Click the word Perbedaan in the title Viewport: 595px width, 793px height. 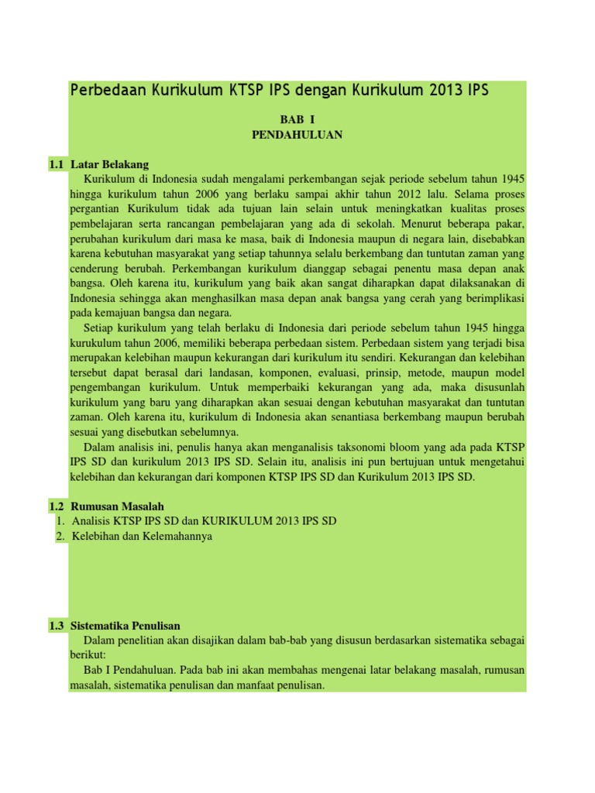click(104, 90)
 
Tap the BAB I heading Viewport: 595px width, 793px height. click(297, 120)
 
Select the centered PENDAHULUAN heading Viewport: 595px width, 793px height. click(297, 134)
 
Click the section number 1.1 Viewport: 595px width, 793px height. click(55, 164)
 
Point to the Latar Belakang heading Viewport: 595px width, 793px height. click(109, 164)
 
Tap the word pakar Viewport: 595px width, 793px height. click(508, 224)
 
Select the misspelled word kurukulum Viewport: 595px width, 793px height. click(95, 343)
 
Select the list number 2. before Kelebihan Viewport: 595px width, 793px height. click(60, 536)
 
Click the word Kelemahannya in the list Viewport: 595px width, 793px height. click(177, 536)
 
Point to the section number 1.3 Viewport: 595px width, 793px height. click(55, 626)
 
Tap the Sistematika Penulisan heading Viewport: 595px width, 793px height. click(126, 626)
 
